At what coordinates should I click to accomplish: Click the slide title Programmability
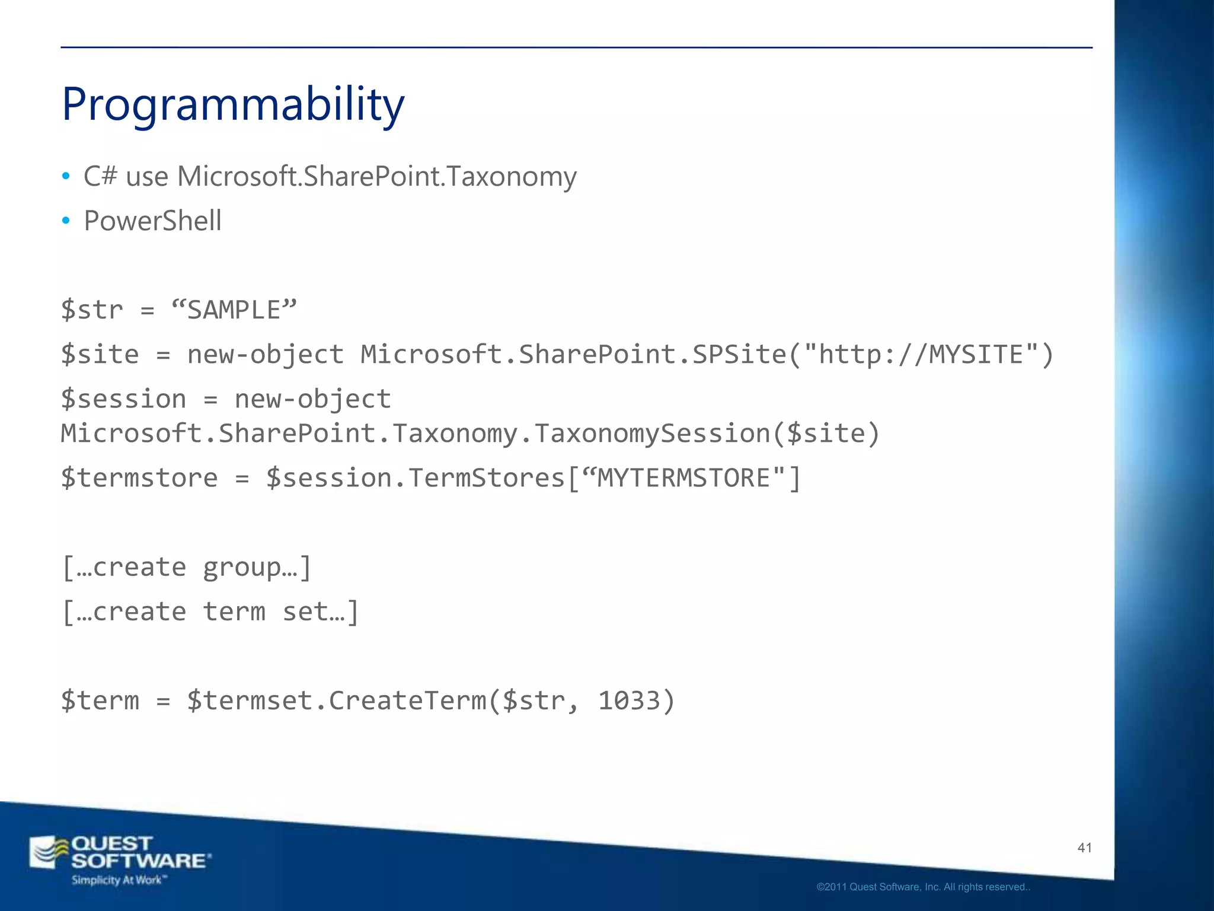click(x=233, y=105)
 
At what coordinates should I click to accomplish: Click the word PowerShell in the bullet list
click(x=152, y=221)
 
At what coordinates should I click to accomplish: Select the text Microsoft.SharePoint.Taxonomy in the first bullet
click(x=376, y=177)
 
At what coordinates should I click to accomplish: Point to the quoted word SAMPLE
click(x=234, y=310)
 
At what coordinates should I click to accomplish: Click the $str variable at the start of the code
click(x=92, y=310)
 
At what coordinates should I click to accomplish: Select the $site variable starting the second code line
click(x=100, y=355)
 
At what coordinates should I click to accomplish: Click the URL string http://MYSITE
click(x=920, y=355)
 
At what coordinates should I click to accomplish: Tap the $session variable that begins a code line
click(x=123, y=399)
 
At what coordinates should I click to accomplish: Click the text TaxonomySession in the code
click(x=652, y=434)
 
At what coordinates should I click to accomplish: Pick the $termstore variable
click(x=139, y=478)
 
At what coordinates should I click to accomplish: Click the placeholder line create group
click(x=187, y=568)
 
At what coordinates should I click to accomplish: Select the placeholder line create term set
click(x=210, y=612)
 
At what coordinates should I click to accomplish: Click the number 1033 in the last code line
click(x=629, y=701)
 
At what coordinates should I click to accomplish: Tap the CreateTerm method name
click(x=407, y=701)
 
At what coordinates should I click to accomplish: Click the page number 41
click(x=1085, y=848)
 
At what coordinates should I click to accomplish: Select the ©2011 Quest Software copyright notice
click(x=923, y=887)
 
